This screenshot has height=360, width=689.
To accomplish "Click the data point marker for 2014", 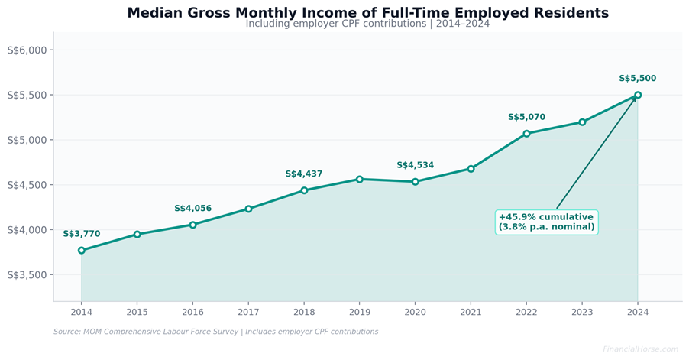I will [82, 251].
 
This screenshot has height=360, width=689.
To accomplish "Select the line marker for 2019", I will [360, 179].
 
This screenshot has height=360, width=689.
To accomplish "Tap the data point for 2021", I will [471, 169].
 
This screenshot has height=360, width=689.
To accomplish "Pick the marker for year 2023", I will [582, 122].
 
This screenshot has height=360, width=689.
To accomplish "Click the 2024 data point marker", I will [638, 96].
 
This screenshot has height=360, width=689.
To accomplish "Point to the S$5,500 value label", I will [637, 79].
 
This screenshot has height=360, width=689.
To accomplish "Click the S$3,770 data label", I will [82, 234].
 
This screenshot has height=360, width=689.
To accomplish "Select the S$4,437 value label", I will [304, 174].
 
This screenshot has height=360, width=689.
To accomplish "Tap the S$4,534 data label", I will [415, 165].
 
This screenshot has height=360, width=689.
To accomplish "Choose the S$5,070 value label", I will [526, 118].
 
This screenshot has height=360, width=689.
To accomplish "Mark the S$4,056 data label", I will [192, 209].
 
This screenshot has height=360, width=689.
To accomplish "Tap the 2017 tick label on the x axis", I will [248, 312].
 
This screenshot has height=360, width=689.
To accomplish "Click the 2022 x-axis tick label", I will [526, 312].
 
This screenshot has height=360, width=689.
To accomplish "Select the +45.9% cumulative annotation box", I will [546, 222].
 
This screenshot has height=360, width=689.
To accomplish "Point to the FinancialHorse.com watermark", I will [640, 349].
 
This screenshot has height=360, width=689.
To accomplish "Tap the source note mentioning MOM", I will [215, 332].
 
